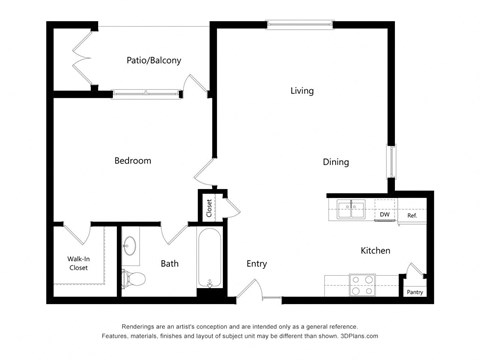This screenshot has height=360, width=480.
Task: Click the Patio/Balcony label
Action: coord(153,61)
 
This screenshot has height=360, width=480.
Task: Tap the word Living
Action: coord(302,91)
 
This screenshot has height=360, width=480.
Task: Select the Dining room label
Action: coord(335,162)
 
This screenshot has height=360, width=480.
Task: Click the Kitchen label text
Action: coord(375,250)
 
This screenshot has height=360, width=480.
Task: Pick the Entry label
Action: coord(257,264)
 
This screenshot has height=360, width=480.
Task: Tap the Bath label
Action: coord(169,264)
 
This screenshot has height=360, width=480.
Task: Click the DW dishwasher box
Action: coord(384,214)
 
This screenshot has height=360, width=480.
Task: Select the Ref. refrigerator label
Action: coord(411,215)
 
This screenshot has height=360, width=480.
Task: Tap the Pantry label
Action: coord(414,292)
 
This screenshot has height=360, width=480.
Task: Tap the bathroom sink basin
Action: coord(131,246)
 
